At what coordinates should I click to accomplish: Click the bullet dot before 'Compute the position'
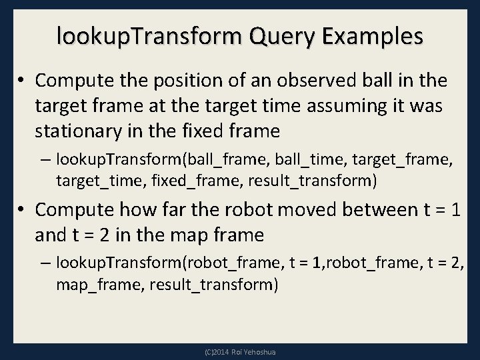pyautogui.click(x=23, y=81)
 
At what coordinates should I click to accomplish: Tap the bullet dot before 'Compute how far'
pyautogui.click(x=23, y=211)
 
